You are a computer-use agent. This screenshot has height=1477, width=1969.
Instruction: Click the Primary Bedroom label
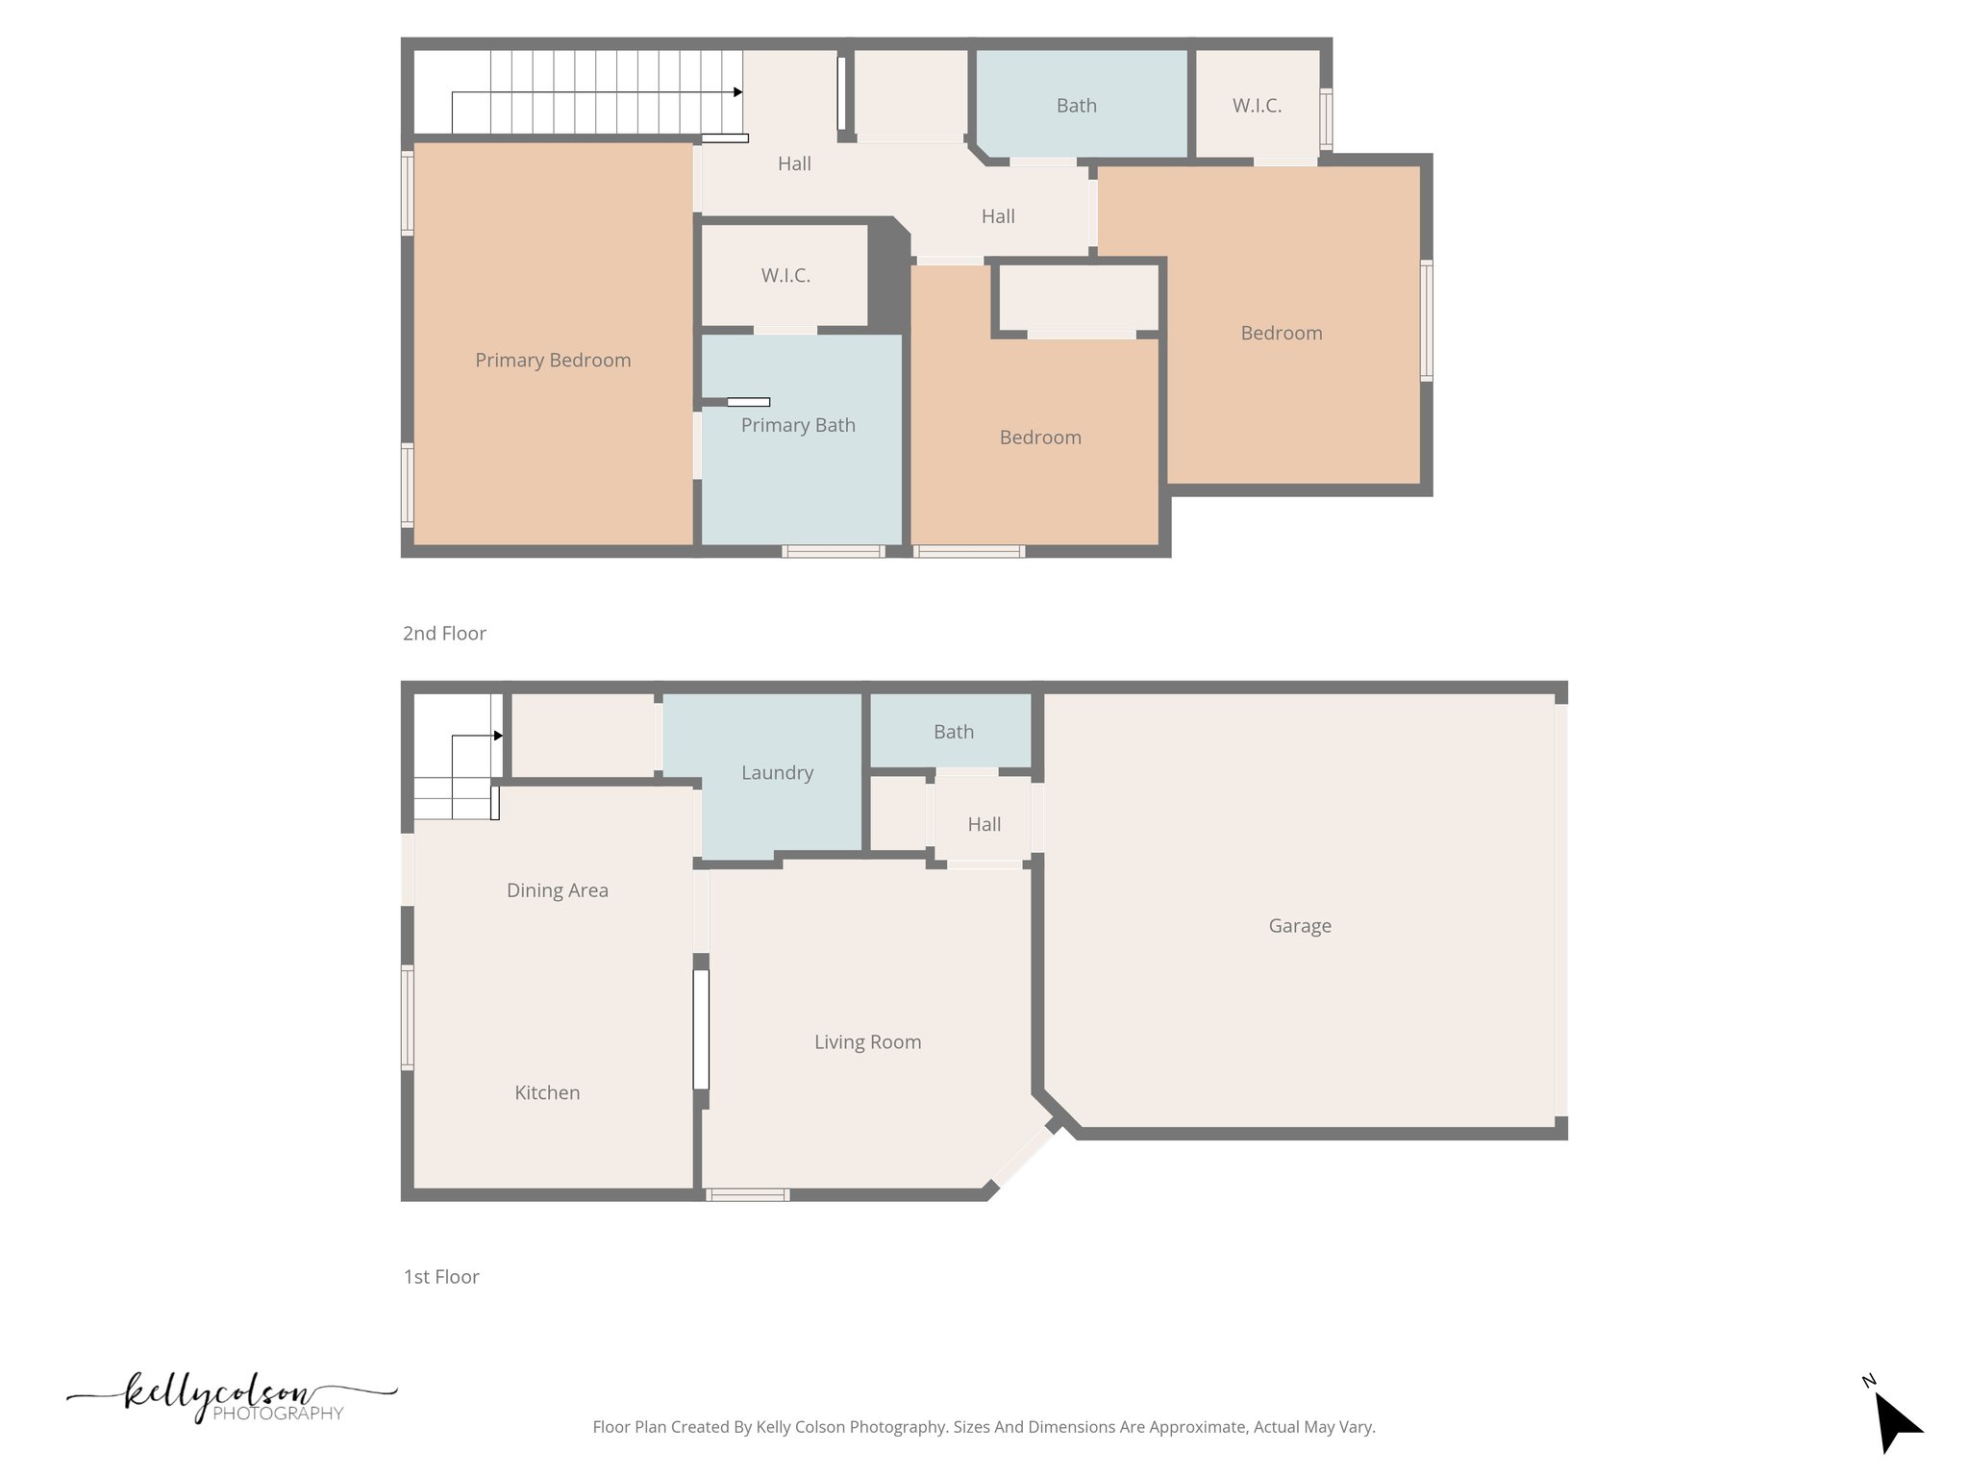point(553,361)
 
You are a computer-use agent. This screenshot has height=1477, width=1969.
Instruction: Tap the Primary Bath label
point(798,425)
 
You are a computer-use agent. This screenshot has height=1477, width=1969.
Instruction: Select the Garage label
point(1300,926)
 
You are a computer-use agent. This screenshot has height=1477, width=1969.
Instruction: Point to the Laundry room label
point(777,773)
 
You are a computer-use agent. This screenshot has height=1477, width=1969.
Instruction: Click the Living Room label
point(867,1042)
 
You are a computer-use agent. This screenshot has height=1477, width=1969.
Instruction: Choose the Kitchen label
point(547,1093)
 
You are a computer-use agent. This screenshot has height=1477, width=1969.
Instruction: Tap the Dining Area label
point(558,890)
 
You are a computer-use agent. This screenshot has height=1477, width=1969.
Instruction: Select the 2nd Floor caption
point(444,634)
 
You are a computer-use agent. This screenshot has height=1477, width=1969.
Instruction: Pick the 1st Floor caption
point(441,1277)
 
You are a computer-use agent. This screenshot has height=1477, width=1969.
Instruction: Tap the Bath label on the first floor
point(954,733)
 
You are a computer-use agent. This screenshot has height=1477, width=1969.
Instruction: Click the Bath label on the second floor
point(1076,106)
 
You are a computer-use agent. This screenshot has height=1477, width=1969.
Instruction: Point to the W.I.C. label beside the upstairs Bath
point(1257,106)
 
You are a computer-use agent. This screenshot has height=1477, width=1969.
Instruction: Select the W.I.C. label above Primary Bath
point(785,276)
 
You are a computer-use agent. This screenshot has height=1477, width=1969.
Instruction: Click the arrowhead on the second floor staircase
point(737,92)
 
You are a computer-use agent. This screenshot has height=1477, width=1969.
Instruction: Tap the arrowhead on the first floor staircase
point(498,736)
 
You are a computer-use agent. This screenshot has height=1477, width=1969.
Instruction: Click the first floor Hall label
point(984,825)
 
